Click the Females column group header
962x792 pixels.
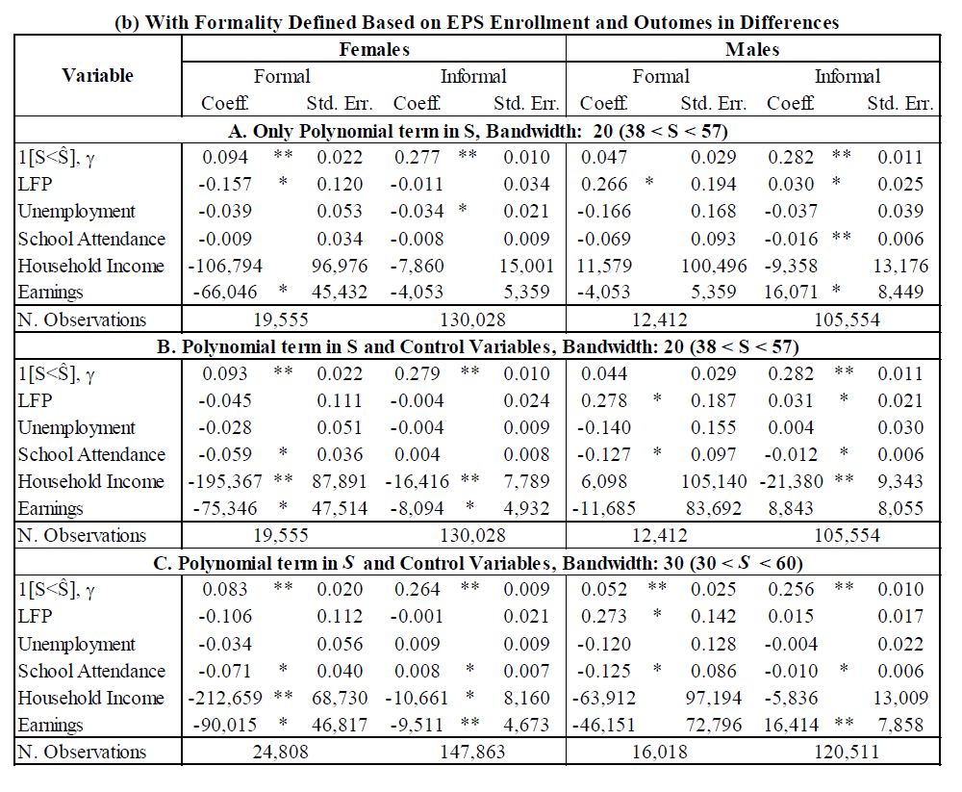(373, 49)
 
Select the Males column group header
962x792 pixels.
(752, 49)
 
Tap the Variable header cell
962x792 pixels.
(97, 75)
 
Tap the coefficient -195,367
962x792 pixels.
(229, 481)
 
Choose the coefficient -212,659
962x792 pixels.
(229, 698)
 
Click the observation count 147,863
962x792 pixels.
(471, 752)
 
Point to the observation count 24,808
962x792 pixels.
(281, 752)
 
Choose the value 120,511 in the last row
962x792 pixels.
(846, 752)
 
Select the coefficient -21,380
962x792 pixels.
(794, 481)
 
